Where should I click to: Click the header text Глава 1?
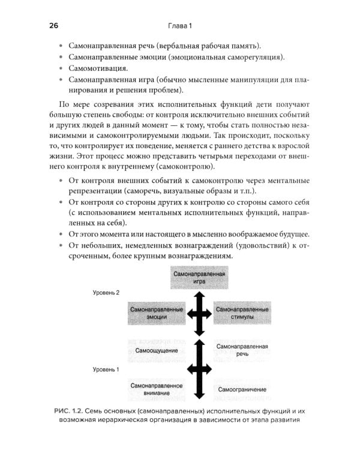pos(179,26)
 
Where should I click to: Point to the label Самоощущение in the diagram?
pos(156,349)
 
